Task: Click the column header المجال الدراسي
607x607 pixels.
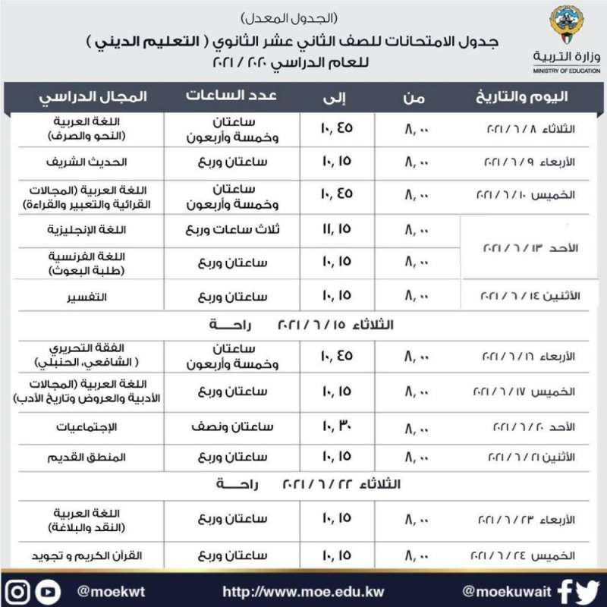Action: (93, 96)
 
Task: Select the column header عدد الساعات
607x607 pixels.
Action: (231, 96)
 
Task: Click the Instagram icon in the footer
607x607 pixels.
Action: (20, 590)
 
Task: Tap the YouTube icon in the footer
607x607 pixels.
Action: (49, 590)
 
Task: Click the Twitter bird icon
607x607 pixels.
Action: (587, 590)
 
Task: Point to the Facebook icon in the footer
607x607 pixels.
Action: (565, 590)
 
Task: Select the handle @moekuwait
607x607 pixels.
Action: (505, 590)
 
